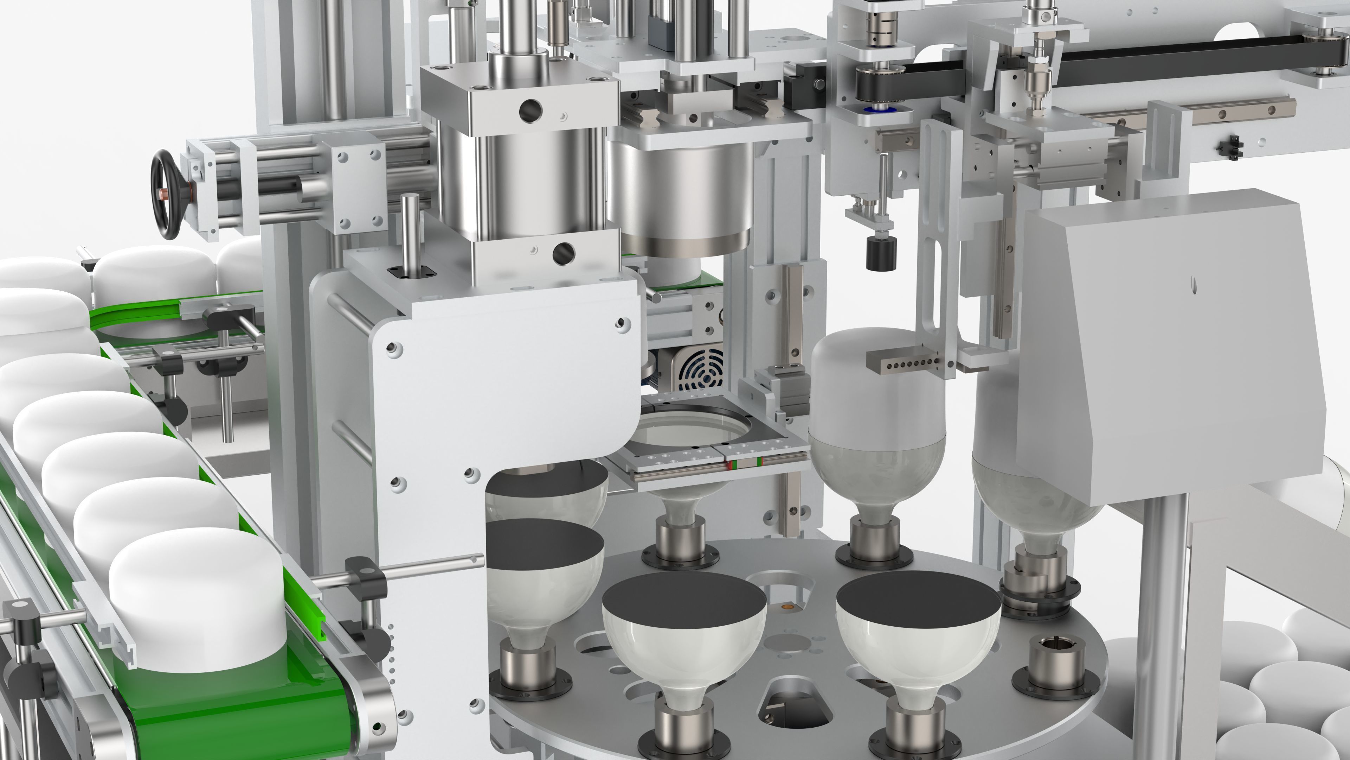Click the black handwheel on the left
click(167, 194)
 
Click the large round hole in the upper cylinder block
click(531, 110)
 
